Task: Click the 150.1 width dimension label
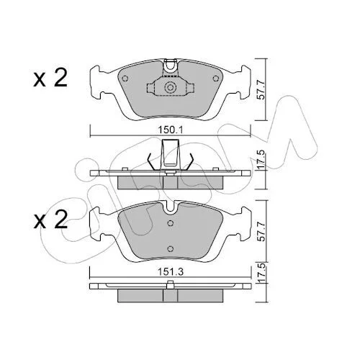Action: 171,130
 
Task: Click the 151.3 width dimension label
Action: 171,272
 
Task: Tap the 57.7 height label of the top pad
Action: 261,89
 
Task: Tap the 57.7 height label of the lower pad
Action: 261,232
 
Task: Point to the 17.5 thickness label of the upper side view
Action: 261,159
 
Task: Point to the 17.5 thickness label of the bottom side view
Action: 261,273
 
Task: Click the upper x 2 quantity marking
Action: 50,77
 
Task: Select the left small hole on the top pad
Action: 125,78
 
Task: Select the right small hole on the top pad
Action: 216,78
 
